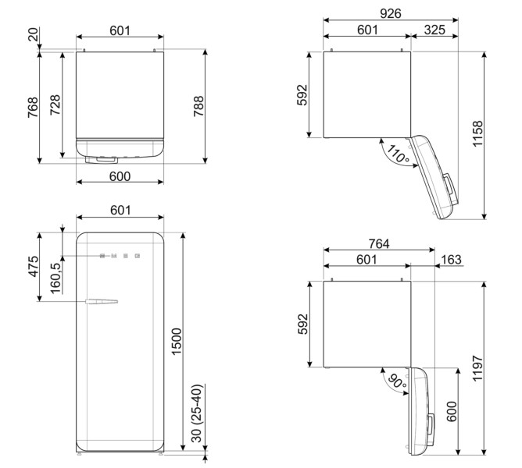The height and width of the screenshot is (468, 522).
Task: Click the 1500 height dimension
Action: point(176,340)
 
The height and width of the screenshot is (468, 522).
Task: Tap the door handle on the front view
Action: point(102,301)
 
